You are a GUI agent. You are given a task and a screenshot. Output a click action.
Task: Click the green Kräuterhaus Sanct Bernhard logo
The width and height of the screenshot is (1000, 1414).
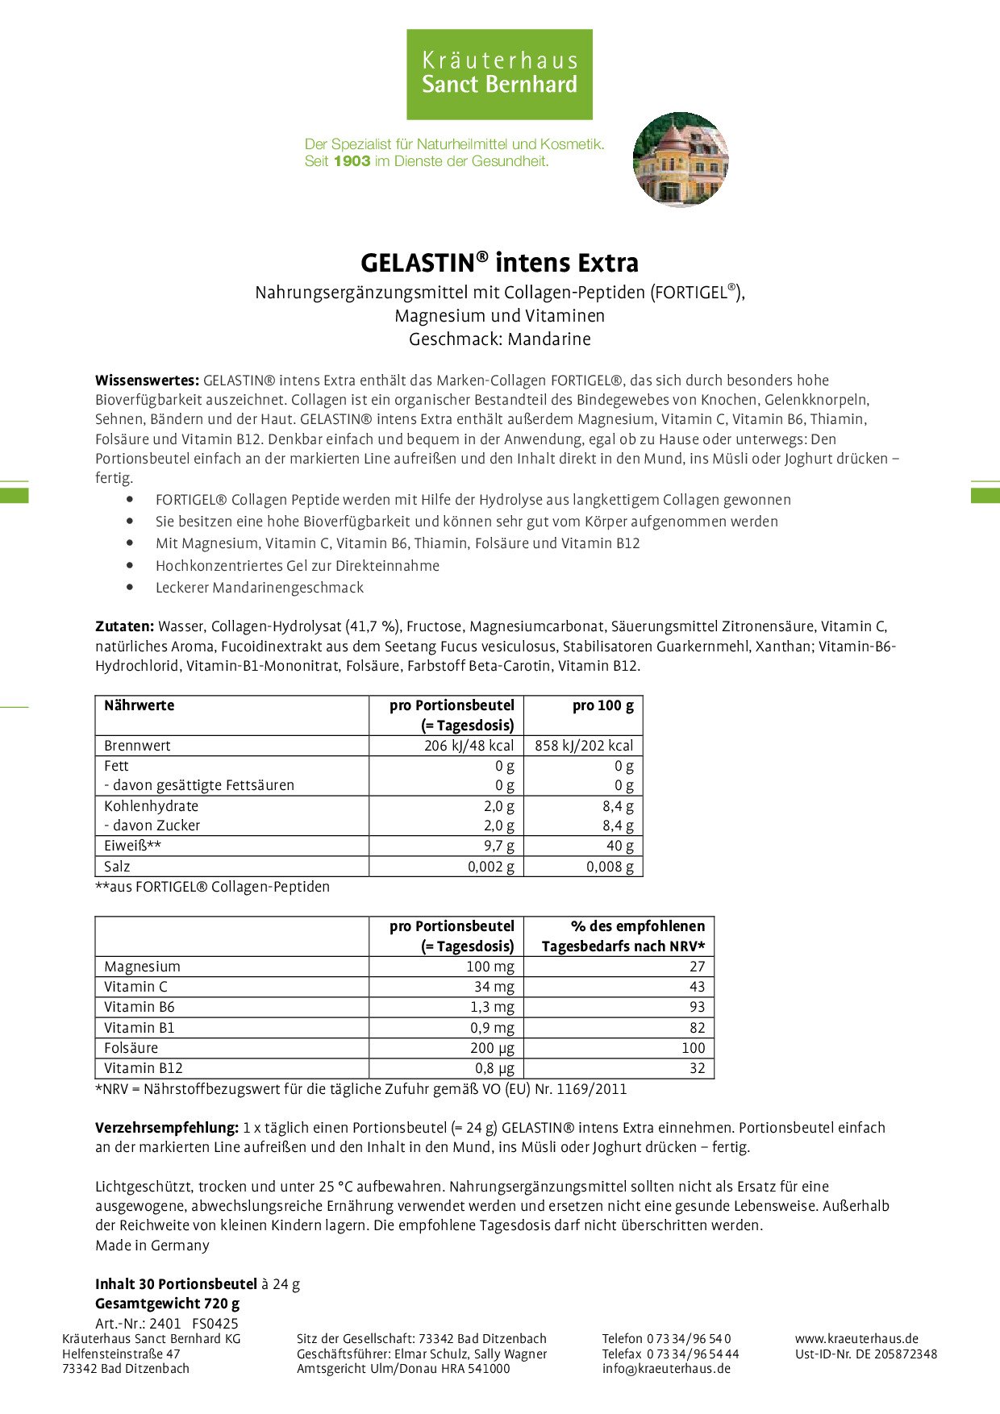pos(499,74)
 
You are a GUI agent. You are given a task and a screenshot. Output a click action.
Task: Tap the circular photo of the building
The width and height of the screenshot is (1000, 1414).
pos(681,160)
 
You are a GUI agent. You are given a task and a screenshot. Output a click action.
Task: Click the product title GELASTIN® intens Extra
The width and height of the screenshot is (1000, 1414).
pos(499,263)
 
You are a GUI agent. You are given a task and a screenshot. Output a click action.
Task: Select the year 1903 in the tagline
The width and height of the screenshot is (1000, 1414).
pos(352,161)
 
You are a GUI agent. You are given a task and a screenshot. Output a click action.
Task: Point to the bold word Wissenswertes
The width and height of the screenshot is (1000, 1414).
pos(147,381)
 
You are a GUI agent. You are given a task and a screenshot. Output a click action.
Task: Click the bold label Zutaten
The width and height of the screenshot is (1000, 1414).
pos(124,626)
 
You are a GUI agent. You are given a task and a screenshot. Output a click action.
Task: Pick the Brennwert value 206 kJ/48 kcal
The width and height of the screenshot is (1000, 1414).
pos(469,746)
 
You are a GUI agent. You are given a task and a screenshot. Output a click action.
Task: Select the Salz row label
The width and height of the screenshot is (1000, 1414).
pos(117,867)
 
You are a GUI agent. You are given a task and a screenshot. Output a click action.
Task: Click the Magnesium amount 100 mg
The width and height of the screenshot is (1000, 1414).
pos(490,967)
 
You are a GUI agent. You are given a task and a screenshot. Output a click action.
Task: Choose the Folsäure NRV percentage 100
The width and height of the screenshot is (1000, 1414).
pos(693,1048)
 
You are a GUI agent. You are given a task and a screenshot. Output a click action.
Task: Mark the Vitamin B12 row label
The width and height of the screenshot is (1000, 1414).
pos(144,1068)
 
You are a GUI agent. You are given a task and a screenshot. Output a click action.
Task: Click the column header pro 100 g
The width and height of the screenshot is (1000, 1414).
pos(602,705)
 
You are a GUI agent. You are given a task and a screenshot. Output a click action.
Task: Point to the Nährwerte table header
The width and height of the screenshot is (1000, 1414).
pos(139,705)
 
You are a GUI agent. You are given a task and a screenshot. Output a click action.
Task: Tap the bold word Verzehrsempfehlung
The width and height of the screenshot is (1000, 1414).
pos(166,1128)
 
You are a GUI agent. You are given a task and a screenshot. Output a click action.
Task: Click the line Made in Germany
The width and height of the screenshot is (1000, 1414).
pos(152,1246)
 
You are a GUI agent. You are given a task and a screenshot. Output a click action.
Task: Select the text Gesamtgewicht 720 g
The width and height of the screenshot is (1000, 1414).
pos(167,1304)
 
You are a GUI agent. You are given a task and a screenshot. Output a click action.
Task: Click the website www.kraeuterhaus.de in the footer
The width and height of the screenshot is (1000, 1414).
pos(856,1339)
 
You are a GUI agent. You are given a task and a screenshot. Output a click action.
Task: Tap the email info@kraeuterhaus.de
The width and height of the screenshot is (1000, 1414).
pos(666,1368)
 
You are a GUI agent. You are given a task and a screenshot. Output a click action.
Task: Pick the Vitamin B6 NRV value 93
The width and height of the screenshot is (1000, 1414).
pos(697,1007)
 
